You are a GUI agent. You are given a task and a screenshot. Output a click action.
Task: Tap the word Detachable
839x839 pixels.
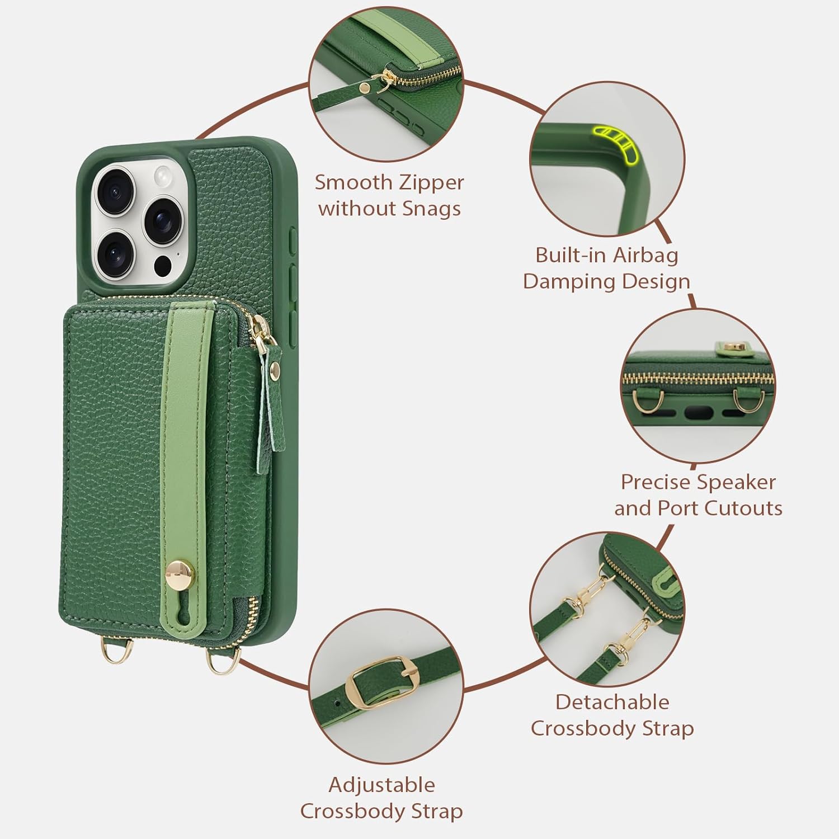(612, 702)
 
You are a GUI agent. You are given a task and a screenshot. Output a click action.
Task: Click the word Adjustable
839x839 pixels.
(381, 785)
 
